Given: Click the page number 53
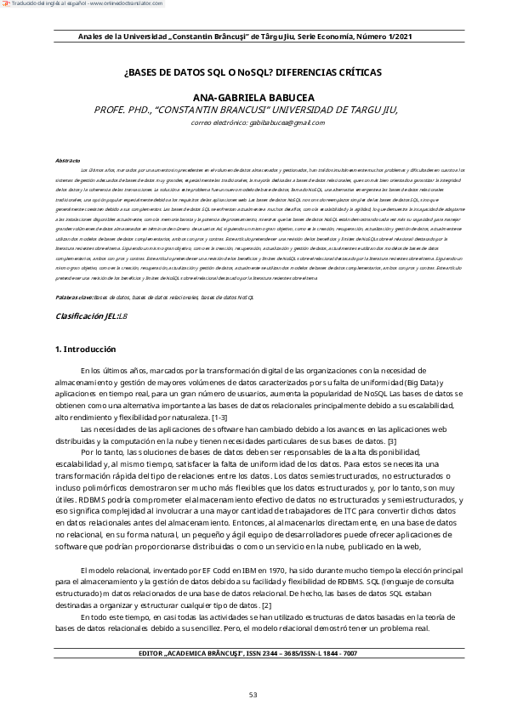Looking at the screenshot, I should [x=253, y=696].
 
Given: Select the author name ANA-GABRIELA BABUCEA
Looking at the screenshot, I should [x=253, y=99].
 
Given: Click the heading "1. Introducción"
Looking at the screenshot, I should [x=85, y=349].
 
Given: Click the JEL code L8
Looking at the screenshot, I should [x=122, y=315].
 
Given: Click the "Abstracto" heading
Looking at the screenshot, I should [x=68, y=160].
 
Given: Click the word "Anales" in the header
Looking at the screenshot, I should [x=89, y=37].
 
